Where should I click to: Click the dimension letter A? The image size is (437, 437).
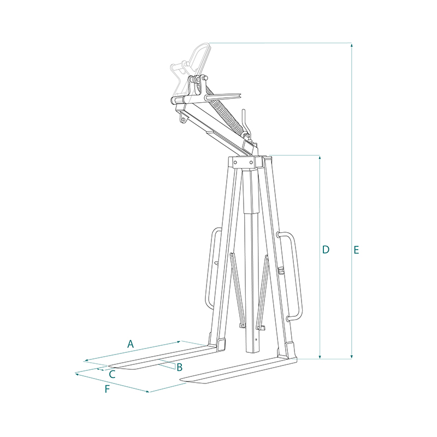(131, 344)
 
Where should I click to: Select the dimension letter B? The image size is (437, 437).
(180, 367)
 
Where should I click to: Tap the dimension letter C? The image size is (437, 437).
(112, 374)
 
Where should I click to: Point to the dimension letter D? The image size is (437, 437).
(326, 250)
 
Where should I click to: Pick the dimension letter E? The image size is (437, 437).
(356, 250)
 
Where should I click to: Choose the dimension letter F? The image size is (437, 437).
(107, 389)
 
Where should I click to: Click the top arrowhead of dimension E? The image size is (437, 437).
(352, 45)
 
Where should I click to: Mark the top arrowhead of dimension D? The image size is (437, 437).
(320, 157)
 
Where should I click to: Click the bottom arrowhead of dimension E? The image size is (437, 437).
(352, 357)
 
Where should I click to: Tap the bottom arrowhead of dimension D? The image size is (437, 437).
(320, 357)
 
